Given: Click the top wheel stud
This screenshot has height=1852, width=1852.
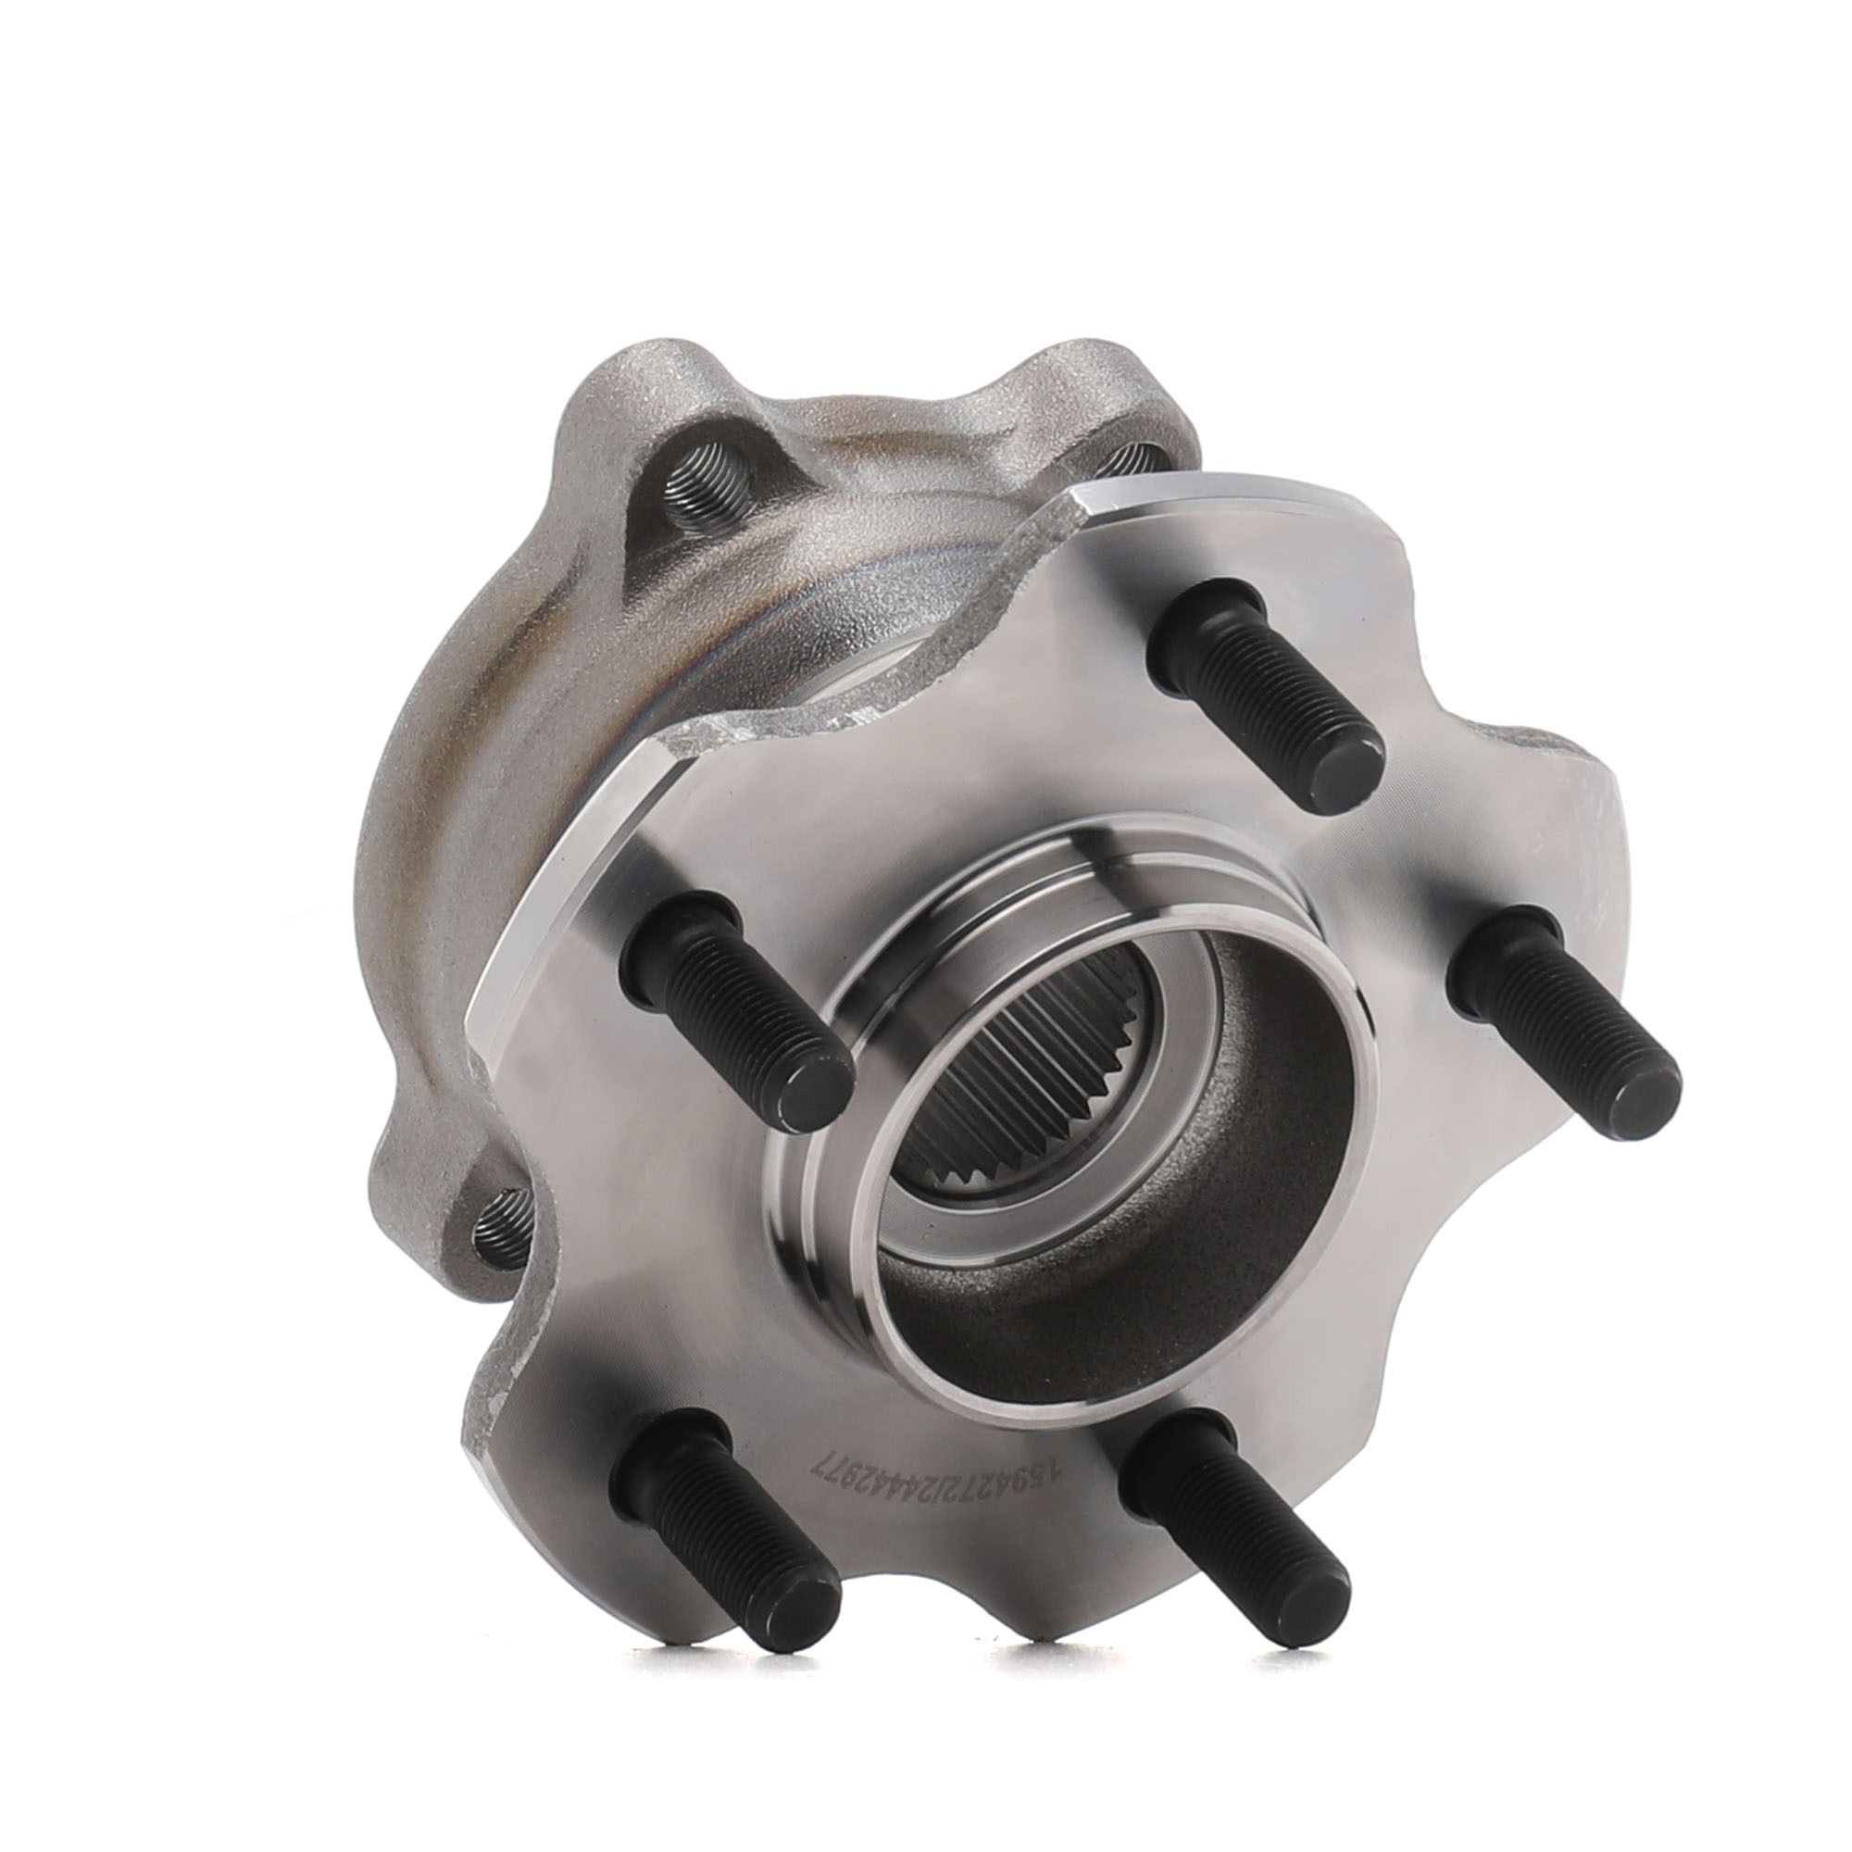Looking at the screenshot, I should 1265,681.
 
